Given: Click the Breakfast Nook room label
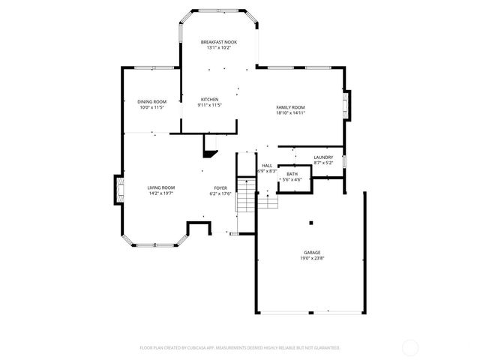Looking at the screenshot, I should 218,42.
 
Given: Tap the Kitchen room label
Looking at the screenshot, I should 209,100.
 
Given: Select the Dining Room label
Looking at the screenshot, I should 151,102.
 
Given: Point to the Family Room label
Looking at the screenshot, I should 291,107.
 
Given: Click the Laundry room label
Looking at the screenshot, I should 323,157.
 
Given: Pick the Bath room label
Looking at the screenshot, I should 291,174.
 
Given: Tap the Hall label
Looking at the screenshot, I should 267,166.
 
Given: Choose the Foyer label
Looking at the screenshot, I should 220,188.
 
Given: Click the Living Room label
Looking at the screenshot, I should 160,188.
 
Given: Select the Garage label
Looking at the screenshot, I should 312,253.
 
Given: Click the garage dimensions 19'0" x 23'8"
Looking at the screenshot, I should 312,259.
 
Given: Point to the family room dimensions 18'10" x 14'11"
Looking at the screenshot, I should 291,113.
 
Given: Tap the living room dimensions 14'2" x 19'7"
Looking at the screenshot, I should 160,194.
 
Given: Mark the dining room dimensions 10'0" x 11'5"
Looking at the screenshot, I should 151,108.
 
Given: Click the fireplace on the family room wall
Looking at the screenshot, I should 346,106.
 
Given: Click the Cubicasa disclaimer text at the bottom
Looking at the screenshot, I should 240,348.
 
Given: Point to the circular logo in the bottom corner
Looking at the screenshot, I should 410,348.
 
